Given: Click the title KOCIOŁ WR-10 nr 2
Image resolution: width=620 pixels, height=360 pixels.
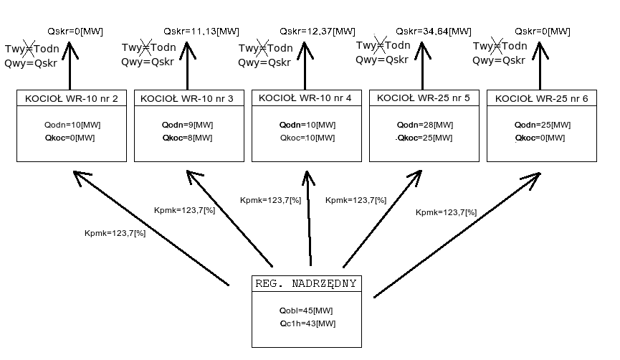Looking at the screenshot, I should click(72, 98).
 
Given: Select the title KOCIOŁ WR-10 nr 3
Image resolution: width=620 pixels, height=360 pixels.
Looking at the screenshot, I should click(189, 98).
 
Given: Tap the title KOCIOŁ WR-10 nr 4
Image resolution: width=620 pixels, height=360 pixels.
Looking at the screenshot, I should click(305, 98).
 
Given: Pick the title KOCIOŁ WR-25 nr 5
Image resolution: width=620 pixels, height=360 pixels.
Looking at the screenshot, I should click(423, 98).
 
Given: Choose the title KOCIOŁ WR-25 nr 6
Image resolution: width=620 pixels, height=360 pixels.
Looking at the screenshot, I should click(540, 98).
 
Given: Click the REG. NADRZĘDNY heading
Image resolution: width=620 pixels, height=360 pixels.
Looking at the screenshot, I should click(306, 284).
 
